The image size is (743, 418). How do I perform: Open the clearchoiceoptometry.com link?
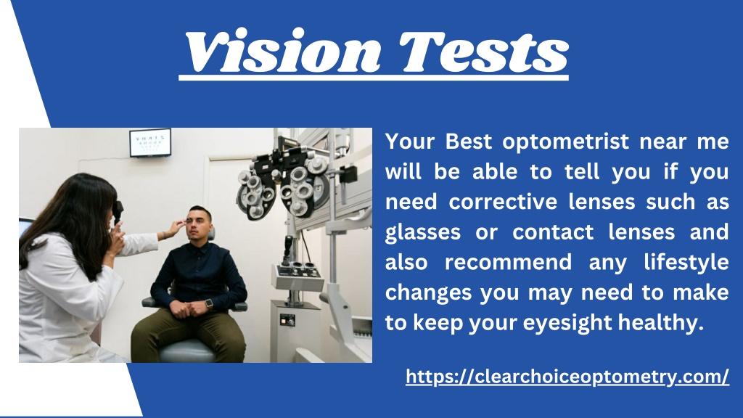(x=567, y=377)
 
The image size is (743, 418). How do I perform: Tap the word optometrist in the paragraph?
(x=552, y=142)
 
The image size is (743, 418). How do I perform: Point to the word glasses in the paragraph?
(x=422, y=232)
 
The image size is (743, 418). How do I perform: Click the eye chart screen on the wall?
(x=150, y=143)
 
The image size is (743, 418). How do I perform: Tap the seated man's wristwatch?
(x=208, y=303)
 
